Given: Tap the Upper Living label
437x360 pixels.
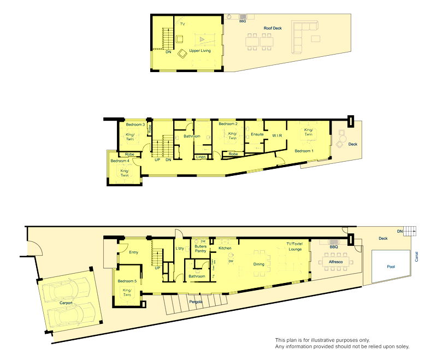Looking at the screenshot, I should pos(200,51).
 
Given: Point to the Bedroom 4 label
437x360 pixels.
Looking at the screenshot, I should pos(120,161).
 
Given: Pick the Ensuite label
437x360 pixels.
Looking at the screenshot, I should pos(257,134).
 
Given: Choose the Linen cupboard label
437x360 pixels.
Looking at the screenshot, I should pos(201,158).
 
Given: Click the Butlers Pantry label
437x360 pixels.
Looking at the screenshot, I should pos(200,249).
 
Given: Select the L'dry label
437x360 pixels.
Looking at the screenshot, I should pos(180,249).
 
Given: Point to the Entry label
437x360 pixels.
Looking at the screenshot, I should pos(133,252).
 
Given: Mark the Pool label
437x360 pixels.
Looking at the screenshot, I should pos(390,267).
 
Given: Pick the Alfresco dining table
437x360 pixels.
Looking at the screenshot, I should pos(335,263).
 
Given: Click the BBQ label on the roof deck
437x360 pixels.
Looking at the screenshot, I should pos(243,21).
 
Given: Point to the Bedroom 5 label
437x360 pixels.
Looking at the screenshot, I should pos(127,281).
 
